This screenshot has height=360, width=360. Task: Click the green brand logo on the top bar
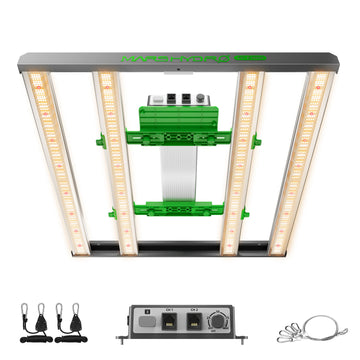[x=179, y=59]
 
